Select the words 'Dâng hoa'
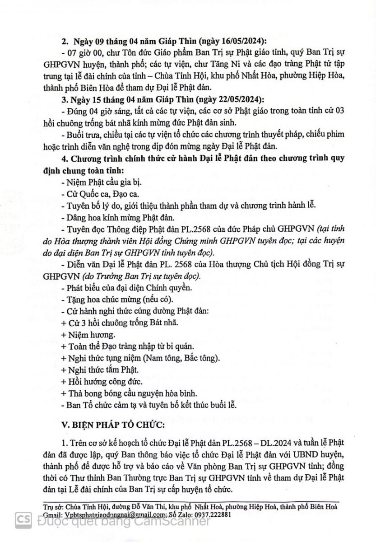(x=81, y=216)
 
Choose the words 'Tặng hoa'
(x=82, y=299)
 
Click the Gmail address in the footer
(x=100, y=514)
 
